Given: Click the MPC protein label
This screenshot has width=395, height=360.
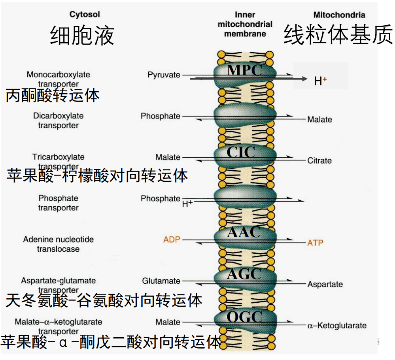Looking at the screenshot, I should [244, 70].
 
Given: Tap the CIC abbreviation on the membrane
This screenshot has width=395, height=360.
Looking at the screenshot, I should [240, 152].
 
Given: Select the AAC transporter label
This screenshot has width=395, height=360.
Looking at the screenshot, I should [244, 232].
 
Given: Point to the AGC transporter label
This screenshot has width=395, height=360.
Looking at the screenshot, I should [244, 273].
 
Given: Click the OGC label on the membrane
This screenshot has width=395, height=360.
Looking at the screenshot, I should [244, 317].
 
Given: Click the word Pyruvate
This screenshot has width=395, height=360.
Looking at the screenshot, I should [164, 75].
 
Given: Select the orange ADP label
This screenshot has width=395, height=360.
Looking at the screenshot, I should [172, 240].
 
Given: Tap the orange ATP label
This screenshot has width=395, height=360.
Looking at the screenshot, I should [315, 242].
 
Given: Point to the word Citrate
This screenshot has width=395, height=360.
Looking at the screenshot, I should [319, 161].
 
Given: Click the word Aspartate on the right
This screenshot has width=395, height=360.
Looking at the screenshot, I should [325, 284].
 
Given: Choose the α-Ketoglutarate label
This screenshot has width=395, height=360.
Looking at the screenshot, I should [337, 326].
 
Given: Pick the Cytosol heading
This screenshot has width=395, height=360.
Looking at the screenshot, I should [85, 15].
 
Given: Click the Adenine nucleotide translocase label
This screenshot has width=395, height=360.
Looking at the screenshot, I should [59, 244].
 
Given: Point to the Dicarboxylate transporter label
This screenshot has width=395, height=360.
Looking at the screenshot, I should [59, 121].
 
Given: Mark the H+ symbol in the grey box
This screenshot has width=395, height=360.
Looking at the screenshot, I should [320, 81].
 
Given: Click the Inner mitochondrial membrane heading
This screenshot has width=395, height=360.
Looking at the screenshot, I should [245, 24].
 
